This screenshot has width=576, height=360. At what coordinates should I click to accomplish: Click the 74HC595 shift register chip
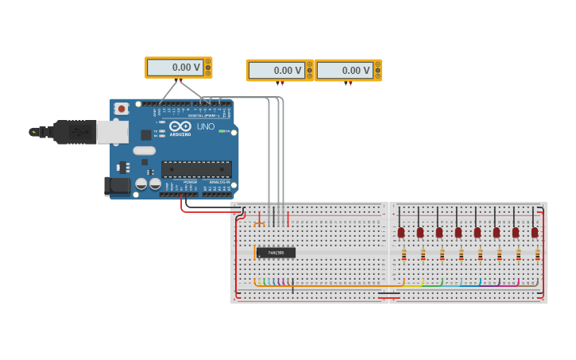point(276,253)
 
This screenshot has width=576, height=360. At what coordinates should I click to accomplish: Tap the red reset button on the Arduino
point(121,108)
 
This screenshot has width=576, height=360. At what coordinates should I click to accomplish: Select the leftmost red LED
point(401,232)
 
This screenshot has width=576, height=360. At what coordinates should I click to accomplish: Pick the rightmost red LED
point(535,232)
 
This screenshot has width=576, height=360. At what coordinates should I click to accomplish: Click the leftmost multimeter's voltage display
point(175,68)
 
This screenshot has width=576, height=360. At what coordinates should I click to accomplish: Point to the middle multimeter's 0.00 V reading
point(276,71)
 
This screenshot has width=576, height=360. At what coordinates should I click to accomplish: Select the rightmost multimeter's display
point(345,71)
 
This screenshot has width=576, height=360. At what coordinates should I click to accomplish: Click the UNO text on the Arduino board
point(205,126)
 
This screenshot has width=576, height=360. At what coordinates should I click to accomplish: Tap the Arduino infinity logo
point(180,126)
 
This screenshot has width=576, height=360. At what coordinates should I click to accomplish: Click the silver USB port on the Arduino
point(112,131)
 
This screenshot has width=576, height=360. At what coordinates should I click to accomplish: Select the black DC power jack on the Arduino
point(117,186)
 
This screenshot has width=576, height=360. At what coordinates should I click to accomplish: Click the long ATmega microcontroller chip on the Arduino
point(196,168)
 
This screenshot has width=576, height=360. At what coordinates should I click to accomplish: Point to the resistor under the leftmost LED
point(404,255)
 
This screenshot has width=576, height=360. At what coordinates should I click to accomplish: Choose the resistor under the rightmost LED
point(538,255)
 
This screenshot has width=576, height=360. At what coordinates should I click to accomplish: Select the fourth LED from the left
point(458,232)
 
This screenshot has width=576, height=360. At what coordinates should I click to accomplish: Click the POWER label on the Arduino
point(190,182)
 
